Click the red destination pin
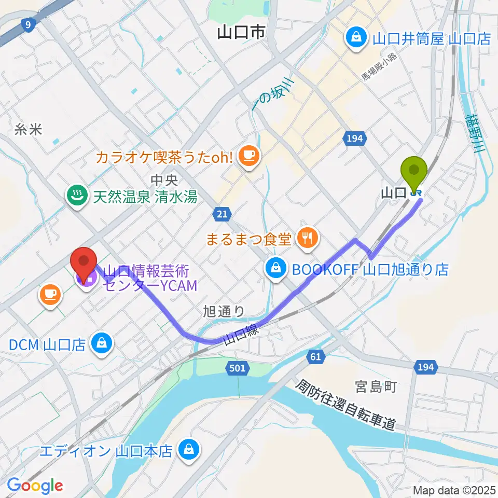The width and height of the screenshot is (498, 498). click(x=85, y=262)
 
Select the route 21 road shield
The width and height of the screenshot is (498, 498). click(x=222, y=213)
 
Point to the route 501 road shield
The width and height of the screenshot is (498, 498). click(x=236, y=368)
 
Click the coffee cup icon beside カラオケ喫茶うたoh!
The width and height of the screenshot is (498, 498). click(x=248, y=154)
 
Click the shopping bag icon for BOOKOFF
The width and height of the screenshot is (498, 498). click(x=273, y=269)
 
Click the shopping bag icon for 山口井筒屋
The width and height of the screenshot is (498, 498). click(x=357, y=38)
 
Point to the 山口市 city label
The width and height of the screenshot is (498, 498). click(x=241, y=33)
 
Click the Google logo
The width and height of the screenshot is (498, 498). click(x=35, y=486)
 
